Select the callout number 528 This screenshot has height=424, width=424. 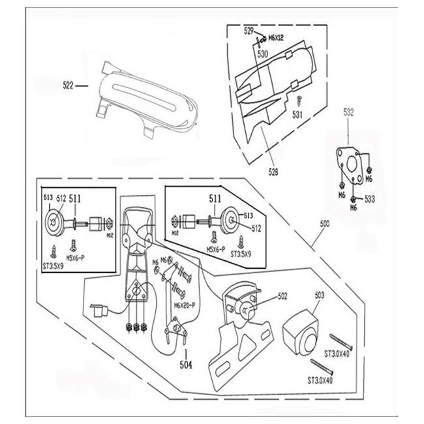click(x=273, y=172)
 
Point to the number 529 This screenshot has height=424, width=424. click(x=249, y=31)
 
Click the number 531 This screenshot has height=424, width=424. click(x=297, y=115)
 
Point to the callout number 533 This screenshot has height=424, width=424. click(x=370, y=198)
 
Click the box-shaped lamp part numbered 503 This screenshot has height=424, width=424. click(x=301, y=333)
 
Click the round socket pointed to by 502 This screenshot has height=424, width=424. click(x=249, y=307)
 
